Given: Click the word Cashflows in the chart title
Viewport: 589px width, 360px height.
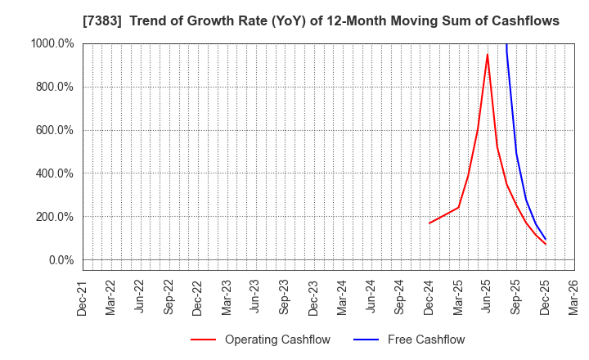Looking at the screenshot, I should (525, 21).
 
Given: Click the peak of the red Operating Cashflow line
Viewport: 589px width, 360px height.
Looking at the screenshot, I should (488, 55).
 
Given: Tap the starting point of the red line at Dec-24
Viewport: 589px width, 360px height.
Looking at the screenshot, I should (429, 223).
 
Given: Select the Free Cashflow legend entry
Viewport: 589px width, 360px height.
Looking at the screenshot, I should (425, 340).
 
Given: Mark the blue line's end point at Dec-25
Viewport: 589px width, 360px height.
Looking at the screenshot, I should (546, 240).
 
